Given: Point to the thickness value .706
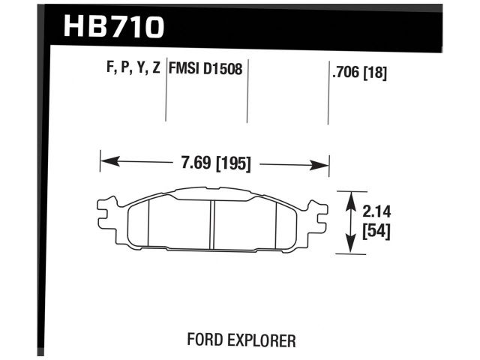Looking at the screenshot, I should coord(344,73).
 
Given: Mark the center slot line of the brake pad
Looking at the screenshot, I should coord(212,223).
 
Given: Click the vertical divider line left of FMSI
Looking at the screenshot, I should coord(165,97).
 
